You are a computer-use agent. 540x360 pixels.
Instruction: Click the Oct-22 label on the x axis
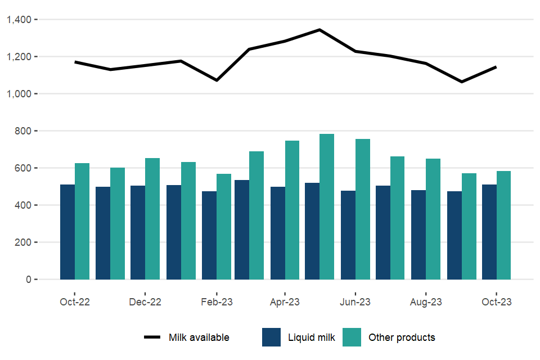75,302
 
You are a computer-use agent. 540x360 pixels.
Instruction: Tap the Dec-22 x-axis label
145,302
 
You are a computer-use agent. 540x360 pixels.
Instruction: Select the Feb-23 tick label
217,302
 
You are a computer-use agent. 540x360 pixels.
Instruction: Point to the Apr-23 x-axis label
285,302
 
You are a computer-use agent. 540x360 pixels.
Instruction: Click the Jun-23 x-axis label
355,302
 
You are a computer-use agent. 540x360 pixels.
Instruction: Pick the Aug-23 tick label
426,302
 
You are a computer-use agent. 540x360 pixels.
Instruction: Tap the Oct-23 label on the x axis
497,302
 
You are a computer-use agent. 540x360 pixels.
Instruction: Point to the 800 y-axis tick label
25,131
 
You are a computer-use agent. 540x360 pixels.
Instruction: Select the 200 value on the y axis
25,242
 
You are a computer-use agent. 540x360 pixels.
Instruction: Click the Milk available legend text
199,337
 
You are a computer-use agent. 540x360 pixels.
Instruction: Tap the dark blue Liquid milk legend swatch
271,337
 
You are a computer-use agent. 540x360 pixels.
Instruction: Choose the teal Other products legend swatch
352,337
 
